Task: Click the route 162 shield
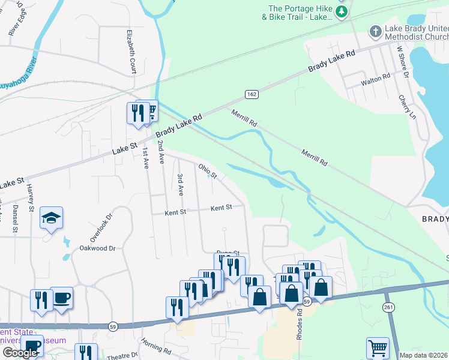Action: tap(251, 94)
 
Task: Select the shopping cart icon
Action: tap(378, 347)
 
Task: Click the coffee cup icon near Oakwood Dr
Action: tap(61, 298)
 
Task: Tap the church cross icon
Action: tap(375, 31)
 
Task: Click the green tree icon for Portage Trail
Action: tap(342, 12)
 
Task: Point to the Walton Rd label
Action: tap(375, 76)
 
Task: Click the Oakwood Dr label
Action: tap(97, 247)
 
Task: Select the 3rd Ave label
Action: tap(180, 184)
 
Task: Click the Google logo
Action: tap(20, 353)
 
